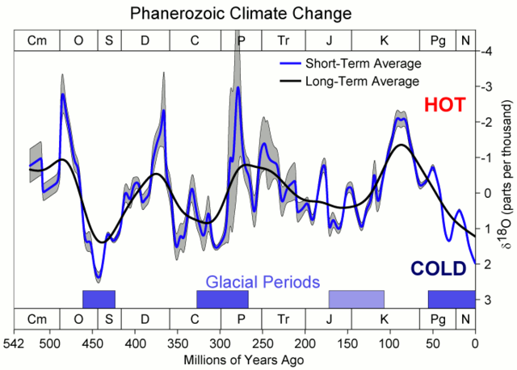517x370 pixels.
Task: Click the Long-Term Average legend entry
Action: click(x=351, y=82)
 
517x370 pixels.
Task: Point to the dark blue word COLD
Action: click(x=437, y=268)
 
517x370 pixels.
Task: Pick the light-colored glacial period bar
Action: click(x=356, y=299)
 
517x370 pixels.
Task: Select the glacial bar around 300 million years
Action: click(x=222, y=299)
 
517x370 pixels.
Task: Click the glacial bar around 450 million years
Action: click(x=99, y=299)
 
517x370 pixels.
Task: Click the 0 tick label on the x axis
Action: click(x=475, y=343)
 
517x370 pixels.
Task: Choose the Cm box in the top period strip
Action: click(x=37, y=41)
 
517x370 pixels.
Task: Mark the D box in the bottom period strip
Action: click(x=145, y=320)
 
